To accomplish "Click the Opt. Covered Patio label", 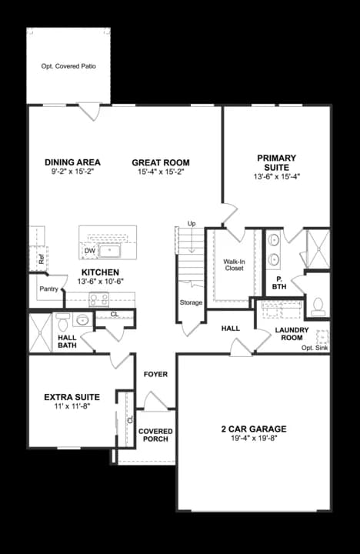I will pos(68,67).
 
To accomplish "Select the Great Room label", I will pos(161,162).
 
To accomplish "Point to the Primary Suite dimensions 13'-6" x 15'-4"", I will pos(277,176).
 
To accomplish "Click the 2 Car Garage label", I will pos(254,429).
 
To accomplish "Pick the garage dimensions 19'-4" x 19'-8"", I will pos(254,439).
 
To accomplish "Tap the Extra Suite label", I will pos(72,397).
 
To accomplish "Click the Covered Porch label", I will pos(155,435).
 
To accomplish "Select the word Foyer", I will pos(155,375).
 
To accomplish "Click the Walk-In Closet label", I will pos(234,265).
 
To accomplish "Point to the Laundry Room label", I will pos(292,334).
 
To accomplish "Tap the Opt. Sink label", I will pos(315,349).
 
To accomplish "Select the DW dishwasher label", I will pos(90,251).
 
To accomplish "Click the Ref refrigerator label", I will pos(41,259).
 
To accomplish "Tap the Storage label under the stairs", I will pos(191,302).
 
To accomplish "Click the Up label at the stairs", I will pos(192,224).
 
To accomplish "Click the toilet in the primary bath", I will pos(317,307).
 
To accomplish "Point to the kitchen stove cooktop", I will pos(99,300).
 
